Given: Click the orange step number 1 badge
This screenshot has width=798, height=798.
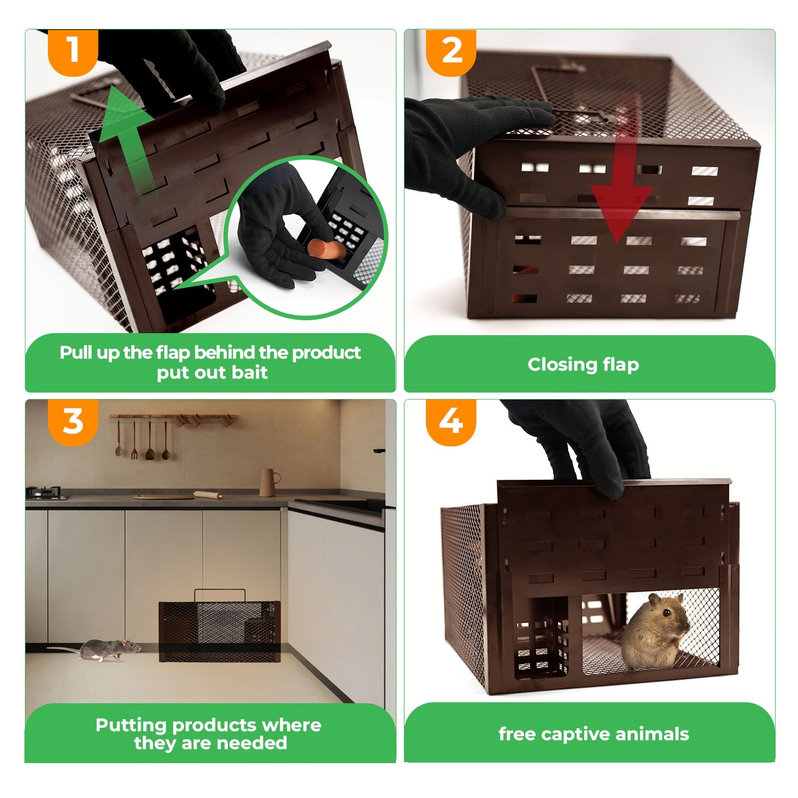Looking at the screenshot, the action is (73, 52).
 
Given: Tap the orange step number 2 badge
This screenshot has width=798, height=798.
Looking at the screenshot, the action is (451, 52).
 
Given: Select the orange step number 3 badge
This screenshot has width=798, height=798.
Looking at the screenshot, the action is (73, 421).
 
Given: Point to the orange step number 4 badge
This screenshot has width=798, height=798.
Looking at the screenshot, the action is (451, 421).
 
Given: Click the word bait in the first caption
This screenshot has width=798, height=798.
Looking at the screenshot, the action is (250, 372).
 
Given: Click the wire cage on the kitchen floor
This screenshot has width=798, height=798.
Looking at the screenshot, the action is (220, 631).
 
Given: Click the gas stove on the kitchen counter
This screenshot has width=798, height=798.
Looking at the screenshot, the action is (47, 494).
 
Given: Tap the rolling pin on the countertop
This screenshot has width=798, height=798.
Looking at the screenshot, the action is (209, 495).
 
